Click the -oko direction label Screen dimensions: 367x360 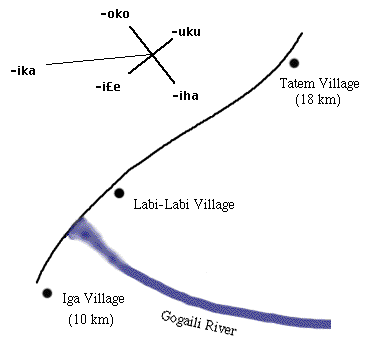[x=115, y=15]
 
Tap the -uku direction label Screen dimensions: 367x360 [x=186, y=32]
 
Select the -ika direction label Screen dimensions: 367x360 [x=23, y=71]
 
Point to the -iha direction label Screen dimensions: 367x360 [x=186, y=96]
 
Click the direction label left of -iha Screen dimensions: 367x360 [x=108, y=87]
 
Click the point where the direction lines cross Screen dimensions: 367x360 [x=152, y=54]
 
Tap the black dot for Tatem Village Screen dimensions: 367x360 [x=294, y=63]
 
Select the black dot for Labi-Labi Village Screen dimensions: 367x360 [x=119, y=193]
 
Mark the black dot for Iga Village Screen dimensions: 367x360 [x=47, y=293]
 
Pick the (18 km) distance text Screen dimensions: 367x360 [x=318, y=100]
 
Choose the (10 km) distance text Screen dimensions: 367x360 [x=91, y=320]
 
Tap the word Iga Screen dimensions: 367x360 [x=71, y=299]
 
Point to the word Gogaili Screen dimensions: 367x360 [x=182, y=321]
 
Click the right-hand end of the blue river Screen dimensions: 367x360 [x=330, y=324]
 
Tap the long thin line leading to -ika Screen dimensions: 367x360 [x=99, y=59]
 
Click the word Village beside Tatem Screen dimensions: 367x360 [x=338, y=84]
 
